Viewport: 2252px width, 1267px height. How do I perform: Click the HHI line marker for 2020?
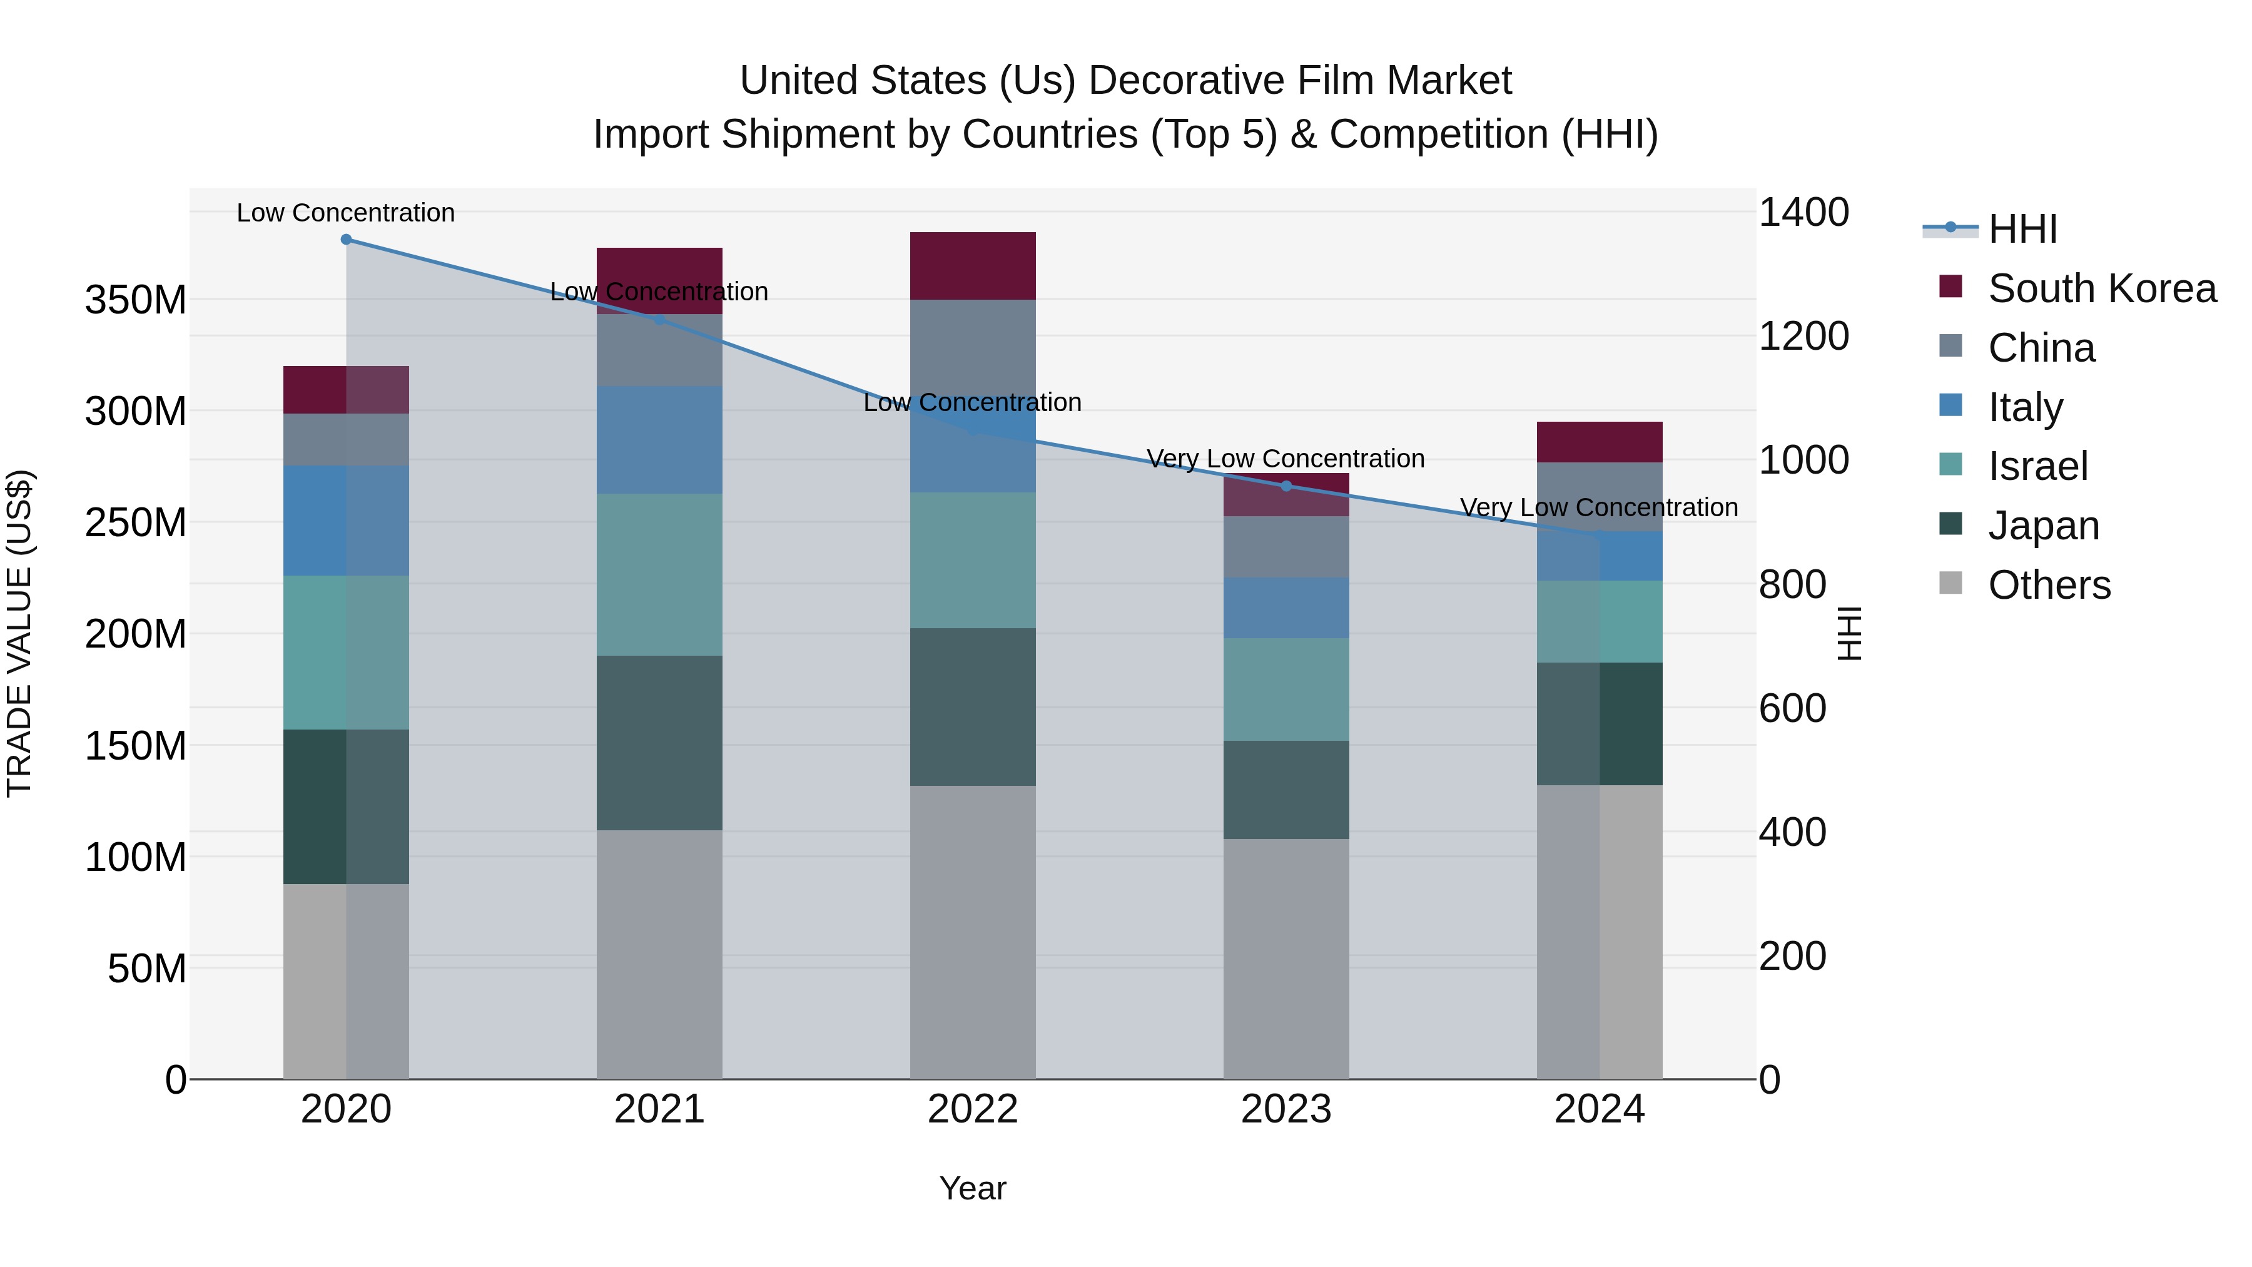(x=346, y=240)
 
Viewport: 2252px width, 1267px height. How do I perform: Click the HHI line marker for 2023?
(x=1286, y=486)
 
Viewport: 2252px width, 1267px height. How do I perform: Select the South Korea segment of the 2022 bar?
(x=973, y=266)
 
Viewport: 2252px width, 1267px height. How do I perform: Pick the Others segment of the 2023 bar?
(x=1286, y=959)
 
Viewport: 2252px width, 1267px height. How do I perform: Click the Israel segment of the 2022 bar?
(x=973, y=559)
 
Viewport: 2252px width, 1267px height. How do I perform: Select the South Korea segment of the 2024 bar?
(x=1600, y=442)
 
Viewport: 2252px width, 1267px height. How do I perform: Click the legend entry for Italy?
(x=2025, y=407)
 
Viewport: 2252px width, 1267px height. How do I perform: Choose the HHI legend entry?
(x=2022, y=229)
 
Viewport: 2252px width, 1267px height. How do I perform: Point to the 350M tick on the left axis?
(x=136, y=300)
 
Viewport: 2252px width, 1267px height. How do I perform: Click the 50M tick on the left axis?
(x=147, y=969)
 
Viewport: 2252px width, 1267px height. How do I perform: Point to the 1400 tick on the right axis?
(x=1803, y=213)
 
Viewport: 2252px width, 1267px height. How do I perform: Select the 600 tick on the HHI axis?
(x=1792, y=708)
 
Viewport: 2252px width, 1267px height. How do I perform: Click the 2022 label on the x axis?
(x=973, y=1109)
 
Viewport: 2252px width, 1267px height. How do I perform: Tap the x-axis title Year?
(x=973, y=1188)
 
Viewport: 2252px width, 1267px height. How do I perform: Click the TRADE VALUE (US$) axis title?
(x=19, y=633)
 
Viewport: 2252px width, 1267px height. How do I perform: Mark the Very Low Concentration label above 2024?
(x=1599, y=507)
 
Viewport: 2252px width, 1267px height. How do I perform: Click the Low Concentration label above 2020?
(x=346, y=213)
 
